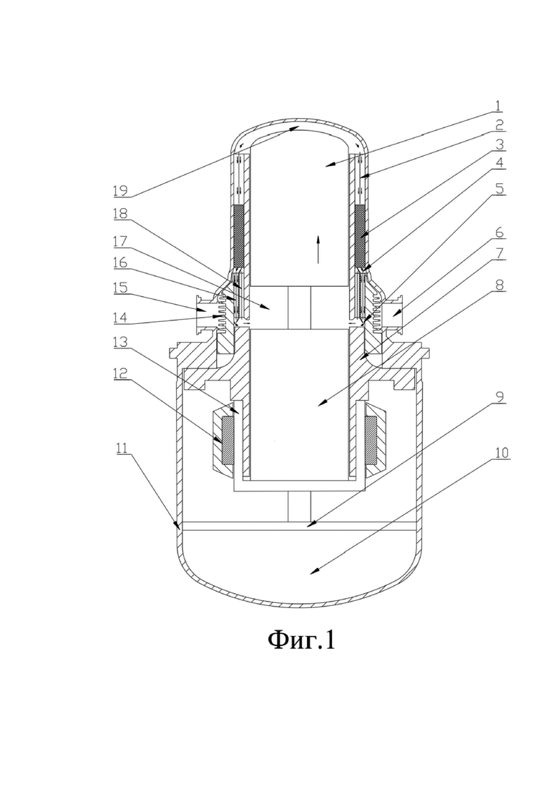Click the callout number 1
[498, 106]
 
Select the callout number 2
[499, 124]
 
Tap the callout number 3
[499, 144]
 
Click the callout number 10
[501, 453]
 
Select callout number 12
[121, 373]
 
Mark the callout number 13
[121, 342]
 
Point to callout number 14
[121, 318]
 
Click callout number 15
[121, 288]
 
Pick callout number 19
[121, 191]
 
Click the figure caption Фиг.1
[301, 640]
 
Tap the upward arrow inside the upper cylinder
[318, 250]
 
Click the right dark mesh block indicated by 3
[360, 236]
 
